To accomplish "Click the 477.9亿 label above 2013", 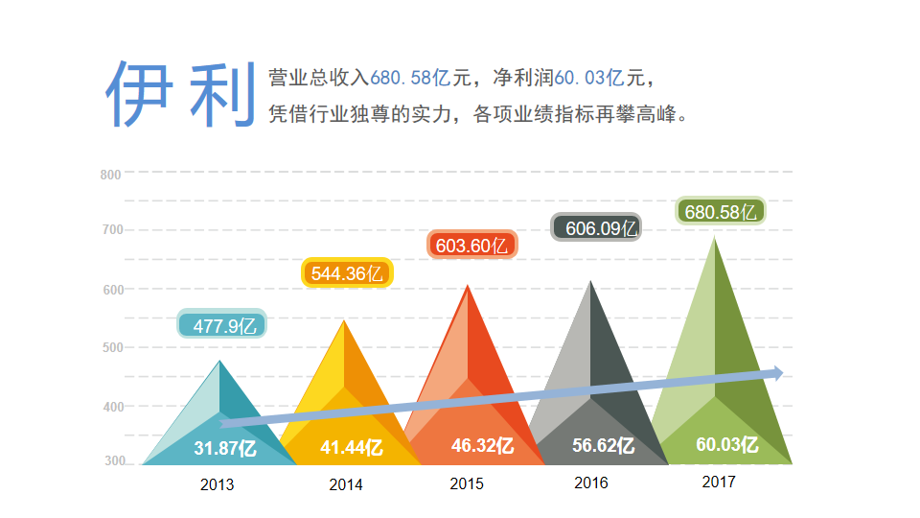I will [222, 325].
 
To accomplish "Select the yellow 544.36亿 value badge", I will [348, 273].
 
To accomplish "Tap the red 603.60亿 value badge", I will [471, 246].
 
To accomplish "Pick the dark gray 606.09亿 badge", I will [595, 228].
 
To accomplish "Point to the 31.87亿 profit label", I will [224, 447].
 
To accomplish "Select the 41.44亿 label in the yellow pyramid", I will [351, 447].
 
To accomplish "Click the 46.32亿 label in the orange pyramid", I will [482, 446].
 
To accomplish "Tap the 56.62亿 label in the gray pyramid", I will [603, 445].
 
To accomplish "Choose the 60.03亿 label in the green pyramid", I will [727, 444].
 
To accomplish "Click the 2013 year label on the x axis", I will [217, 484].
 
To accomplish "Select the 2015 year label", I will [467, 483].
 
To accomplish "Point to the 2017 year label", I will [719, 482].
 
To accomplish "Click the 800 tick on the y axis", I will [110, 174].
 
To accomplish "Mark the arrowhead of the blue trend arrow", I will [777, 373].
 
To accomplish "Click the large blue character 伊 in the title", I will [139, 94].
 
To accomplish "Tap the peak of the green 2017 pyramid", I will [714, 238].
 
